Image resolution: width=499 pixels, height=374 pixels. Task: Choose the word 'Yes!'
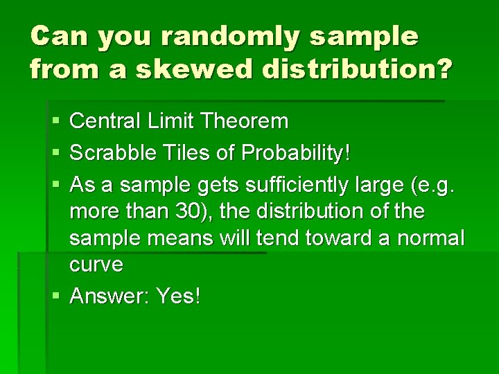coord(179,296)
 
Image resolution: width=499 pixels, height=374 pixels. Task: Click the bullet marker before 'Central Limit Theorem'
coord(55,123)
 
